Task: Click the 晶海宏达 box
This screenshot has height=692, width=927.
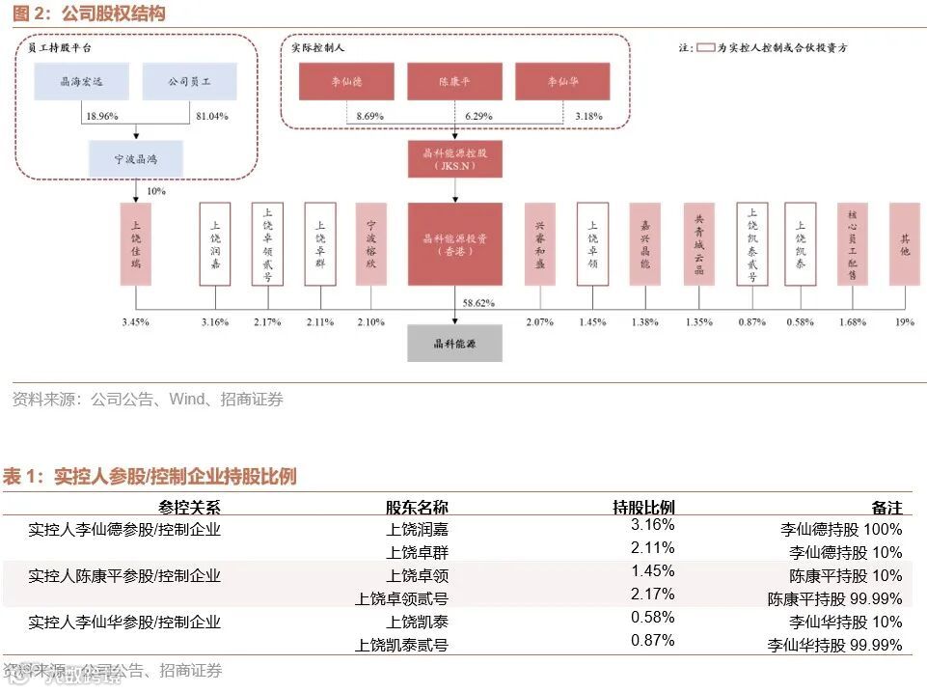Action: click(x=81, y=81)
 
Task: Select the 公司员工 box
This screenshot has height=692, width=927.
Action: click(x=189, y=81)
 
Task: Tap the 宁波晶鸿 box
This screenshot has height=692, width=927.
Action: click(x=135, y=158)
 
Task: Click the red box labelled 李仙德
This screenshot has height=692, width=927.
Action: click(x=346, y=81)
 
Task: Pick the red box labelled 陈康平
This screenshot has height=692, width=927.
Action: click(x=454, y=81)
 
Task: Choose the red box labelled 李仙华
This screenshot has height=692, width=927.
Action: click(x=562, y=81)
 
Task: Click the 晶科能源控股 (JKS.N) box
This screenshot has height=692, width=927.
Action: click(x=454, y=158)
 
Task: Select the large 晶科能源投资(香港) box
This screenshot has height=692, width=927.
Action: click(x=454, y=243)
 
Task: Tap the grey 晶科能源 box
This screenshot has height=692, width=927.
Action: click(x=454, y=343)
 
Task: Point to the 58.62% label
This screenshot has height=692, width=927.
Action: click(x=478, y=302)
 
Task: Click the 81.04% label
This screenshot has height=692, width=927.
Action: click(x=212, y=116)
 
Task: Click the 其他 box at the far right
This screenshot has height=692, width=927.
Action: click(x=904, y=243)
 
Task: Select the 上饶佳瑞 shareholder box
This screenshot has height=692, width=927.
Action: click(x=136, y=243)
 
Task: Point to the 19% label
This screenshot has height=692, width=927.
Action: click(x=904, y=321)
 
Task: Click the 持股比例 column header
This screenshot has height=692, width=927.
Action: click(x=643, y=507)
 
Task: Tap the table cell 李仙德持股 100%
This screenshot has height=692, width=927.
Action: click(x=841, y=529)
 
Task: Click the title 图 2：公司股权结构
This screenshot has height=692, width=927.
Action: click(x=84, y=14)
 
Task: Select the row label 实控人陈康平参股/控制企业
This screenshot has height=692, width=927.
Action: click(x=124, y=576)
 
